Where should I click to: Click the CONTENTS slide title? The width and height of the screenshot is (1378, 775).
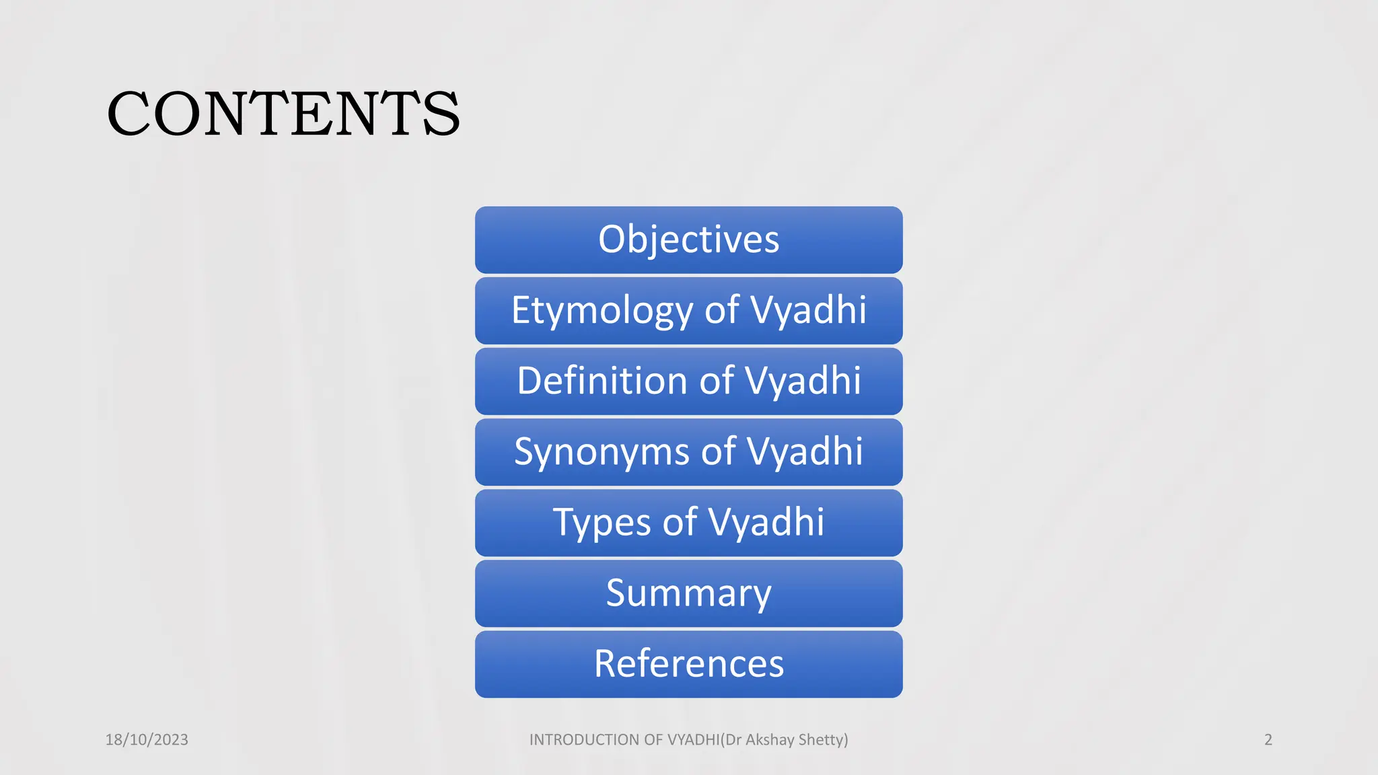pos(283,114)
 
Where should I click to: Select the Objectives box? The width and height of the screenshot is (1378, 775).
pos(688,239)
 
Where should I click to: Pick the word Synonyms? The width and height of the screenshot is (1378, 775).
pos(602,451)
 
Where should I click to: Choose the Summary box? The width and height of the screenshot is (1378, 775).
pos(688,593)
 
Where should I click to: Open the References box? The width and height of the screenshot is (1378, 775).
pos(688,664)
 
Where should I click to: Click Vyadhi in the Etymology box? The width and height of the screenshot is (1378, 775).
pos(808,311)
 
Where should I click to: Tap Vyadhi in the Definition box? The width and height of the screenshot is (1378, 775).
pos(803,381)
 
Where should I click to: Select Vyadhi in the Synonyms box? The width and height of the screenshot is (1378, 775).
pos(805,451)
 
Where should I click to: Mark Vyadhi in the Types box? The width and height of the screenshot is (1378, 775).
pos(766,523)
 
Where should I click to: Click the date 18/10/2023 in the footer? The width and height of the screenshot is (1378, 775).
pos(147,740)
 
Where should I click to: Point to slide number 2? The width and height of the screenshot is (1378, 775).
pos(1268,740)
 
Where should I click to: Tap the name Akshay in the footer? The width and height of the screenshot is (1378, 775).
pos(770,740)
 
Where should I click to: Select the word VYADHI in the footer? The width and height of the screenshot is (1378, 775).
pos(693,740)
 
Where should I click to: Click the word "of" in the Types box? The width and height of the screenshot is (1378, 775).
pos(680,523)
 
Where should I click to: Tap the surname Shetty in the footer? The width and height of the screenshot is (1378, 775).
pos(822,740)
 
